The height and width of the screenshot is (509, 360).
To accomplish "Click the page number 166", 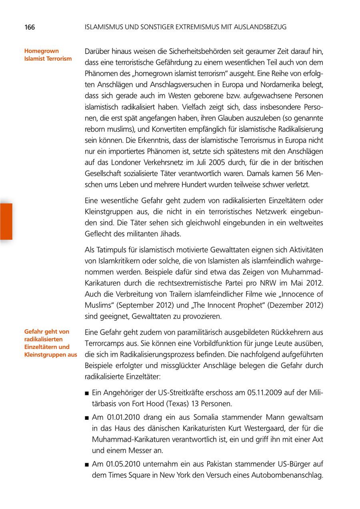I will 30,27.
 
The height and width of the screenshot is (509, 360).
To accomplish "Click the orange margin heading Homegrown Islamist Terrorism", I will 48,55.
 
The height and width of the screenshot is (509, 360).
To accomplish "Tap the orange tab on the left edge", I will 6,221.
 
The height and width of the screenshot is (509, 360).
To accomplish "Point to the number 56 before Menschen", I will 294,175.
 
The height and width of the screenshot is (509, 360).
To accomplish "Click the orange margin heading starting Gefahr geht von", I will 50,343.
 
